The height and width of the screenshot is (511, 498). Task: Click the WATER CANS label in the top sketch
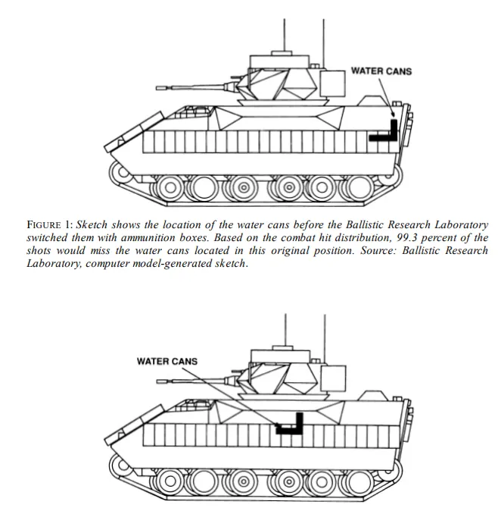[x=381, y=71]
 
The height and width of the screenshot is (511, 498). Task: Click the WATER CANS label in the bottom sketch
[x=167, y=361]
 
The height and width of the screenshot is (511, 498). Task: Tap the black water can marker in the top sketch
[x=385, y=134]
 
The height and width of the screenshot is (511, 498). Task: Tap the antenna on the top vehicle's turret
[x=284, y=30]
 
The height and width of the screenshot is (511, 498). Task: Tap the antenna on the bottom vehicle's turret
[x=284, y=326]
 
